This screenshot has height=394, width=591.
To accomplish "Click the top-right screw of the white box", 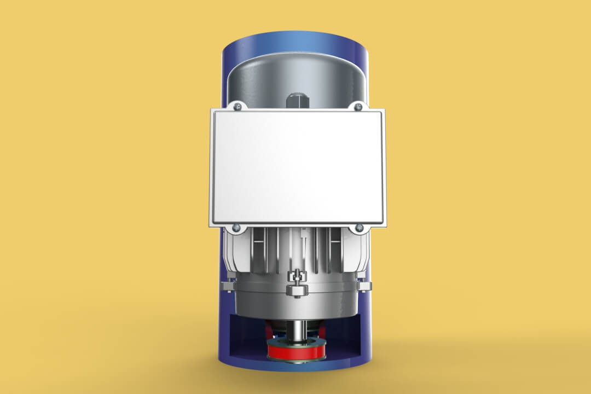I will [x=358, y=106].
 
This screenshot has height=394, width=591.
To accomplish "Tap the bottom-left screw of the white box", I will [x=236, y=228].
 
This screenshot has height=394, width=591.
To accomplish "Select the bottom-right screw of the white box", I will [x=359, y=228].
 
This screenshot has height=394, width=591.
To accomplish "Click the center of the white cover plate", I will [x=298, y=167].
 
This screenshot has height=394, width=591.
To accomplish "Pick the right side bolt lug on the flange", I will [x=365, y=286].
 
